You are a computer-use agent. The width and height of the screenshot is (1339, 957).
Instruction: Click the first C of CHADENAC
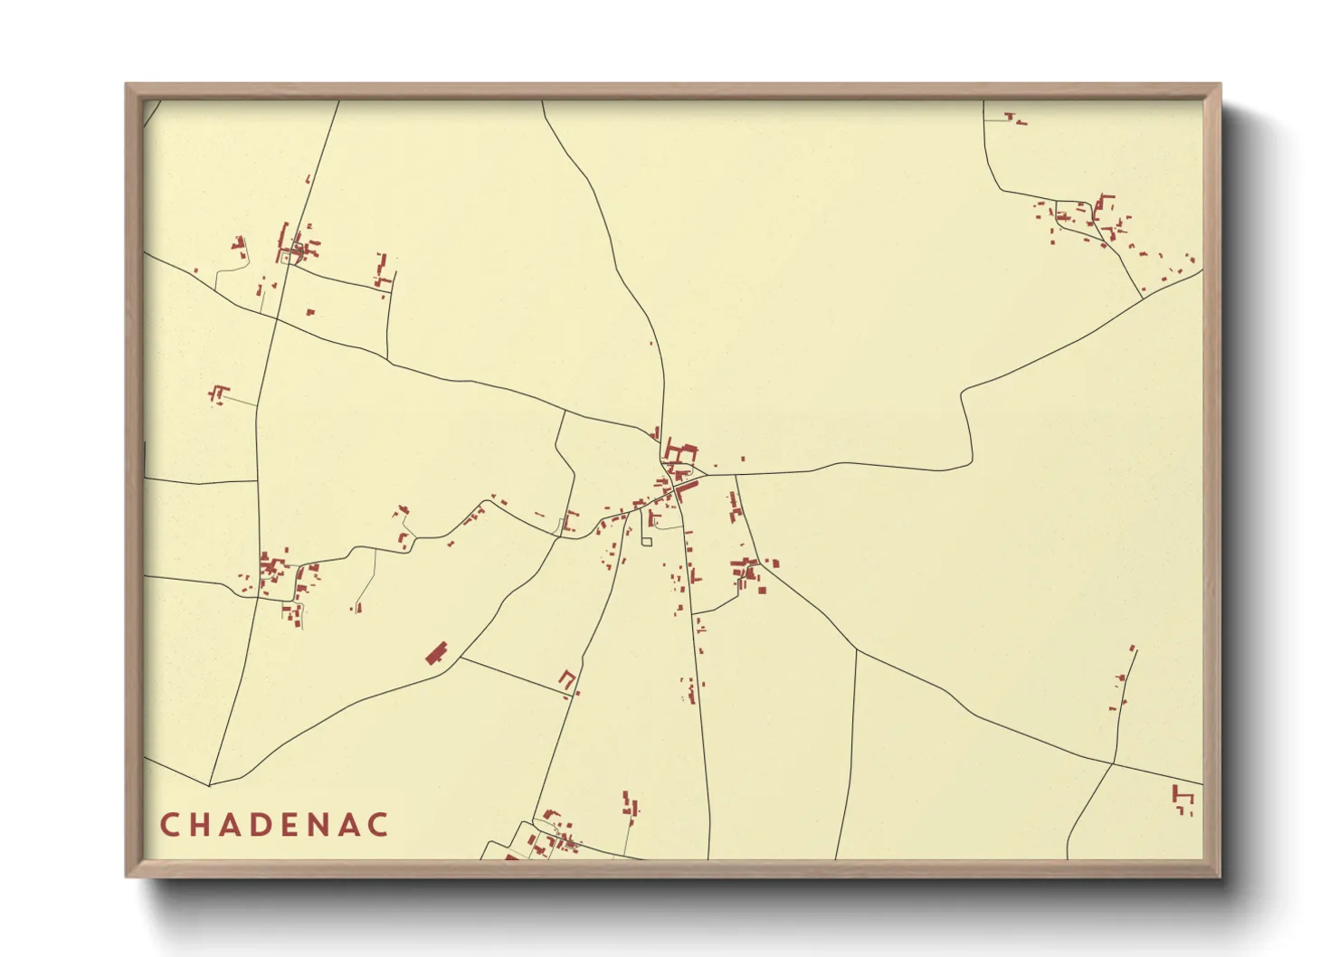[169, 825]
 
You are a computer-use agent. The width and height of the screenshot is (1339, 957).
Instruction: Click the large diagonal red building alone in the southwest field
[437, 652]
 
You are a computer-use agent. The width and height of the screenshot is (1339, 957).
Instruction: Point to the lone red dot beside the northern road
[651, 343]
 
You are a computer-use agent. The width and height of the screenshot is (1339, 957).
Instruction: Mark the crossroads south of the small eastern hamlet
[1113, 763]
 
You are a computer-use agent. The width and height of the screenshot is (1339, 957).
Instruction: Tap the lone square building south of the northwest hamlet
[310, 312]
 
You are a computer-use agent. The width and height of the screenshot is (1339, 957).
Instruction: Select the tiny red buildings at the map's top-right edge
[1015, 118]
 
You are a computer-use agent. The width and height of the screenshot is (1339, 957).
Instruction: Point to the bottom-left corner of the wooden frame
[128, 875]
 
